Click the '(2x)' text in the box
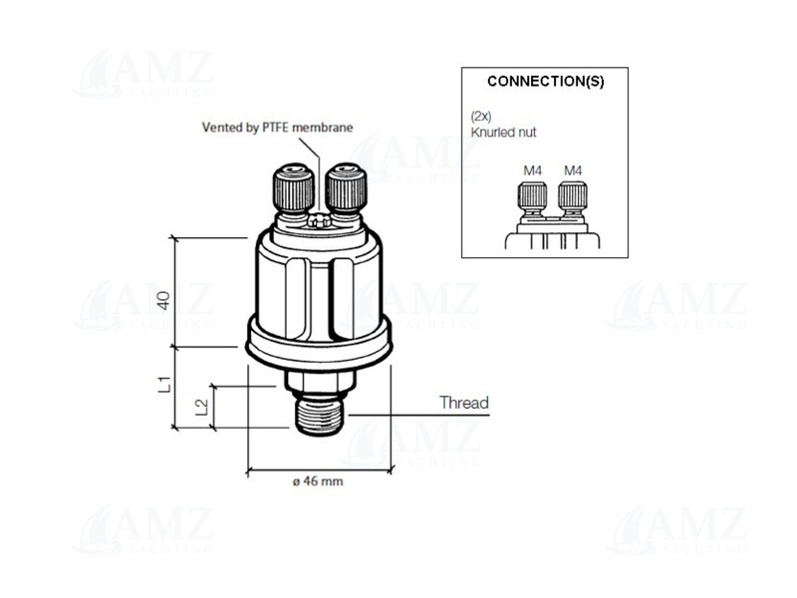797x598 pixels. [481, 117]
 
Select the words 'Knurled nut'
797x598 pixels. [503, 131]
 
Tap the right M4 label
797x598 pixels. [572, 170]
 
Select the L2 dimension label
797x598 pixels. [202, 406]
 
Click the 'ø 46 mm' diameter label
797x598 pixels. [318, 481]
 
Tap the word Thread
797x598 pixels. [464, 403]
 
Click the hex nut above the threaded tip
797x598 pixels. [318, 379]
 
